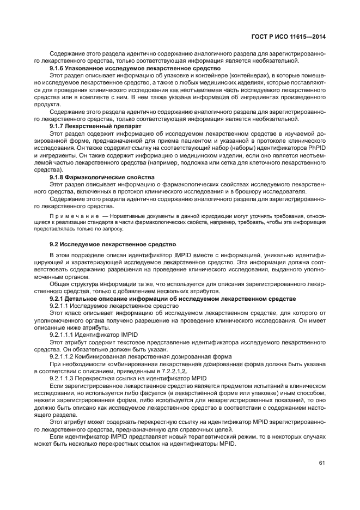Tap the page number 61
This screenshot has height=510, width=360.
pyautogui.click(x=322, y=463)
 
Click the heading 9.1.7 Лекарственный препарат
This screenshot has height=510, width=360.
pyautogui.click(x=95, y=125)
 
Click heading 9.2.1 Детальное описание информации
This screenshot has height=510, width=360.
pyautogui.click(x=173, y=299)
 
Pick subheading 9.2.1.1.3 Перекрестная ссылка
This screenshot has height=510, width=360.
pyautogui.click(x=128, y=377)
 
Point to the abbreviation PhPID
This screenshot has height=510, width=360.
pyautogui.click(x=315, y=148)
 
